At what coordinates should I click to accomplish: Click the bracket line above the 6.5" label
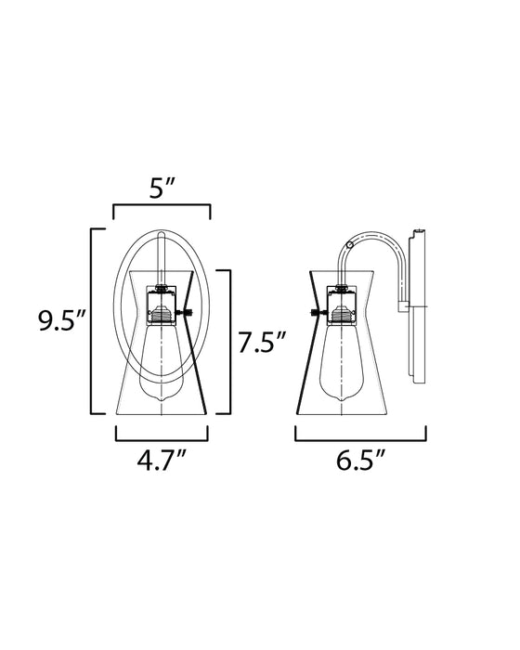[x=360, y=436]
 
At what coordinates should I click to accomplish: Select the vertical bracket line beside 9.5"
[x=91, y=320]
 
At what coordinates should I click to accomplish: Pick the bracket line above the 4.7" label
[x=162, y=436]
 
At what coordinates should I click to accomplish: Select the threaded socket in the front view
[x=163, y=316]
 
